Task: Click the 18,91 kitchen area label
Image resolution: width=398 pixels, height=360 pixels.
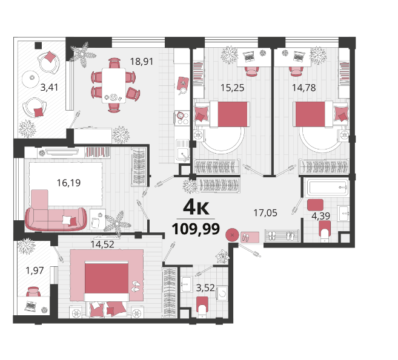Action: click(x=142, y=62)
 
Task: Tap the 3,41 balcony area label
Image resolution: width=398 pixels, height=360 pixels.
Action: click(x=49, y=88)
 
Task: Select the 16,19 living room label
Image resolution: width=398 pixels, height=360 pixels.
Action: click(x=68, y=183)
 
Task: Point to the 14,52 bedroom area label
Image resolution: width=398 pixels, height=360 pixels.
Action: click(x=102, y=244)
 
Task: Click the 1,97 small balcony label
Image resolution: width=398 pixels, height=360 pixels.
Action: click(x=35, y=270)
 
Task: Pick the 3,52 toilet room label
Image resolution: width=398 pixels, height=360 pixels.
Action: click(x=205, y=288)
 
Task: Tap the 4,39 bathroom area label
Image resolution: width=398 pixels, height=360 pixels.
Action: click(x=320, y=216)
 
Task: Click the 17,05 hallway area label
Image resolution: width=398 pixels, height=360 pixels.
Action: click(x=265, y=213)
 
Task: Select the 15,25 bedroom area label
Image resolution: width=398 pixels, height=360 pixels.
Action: click(x=232, y=88)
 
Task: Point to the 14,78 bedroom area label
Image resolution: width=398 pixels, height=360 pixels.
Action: click(x=304, y=88)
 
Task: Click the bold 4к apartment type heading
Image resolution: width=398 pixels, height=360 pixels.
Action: click(x=196, y=207)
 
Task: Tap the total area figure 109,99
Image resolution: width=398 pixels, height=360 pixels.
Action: click(x=196, y=229)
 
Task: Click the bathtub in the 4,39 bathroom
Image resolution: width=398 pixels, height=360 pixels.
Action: click(x=328, y=187)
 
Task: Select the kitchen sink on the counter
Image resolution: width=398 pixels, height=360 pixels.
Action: click(x=182, y=151)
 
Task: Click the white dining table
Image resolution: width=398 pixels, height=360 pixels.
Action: click(x=114, y=85)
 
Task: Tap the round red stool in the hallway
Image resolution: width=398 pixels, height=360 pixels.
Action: click(x=232, y=235)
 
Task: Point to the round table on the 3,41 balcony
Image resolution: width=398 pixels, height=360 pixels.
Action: click(x=30, y=79)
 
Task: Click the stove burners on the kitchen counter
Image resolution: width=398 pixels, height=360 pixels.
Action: click(x=182, y=118)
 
